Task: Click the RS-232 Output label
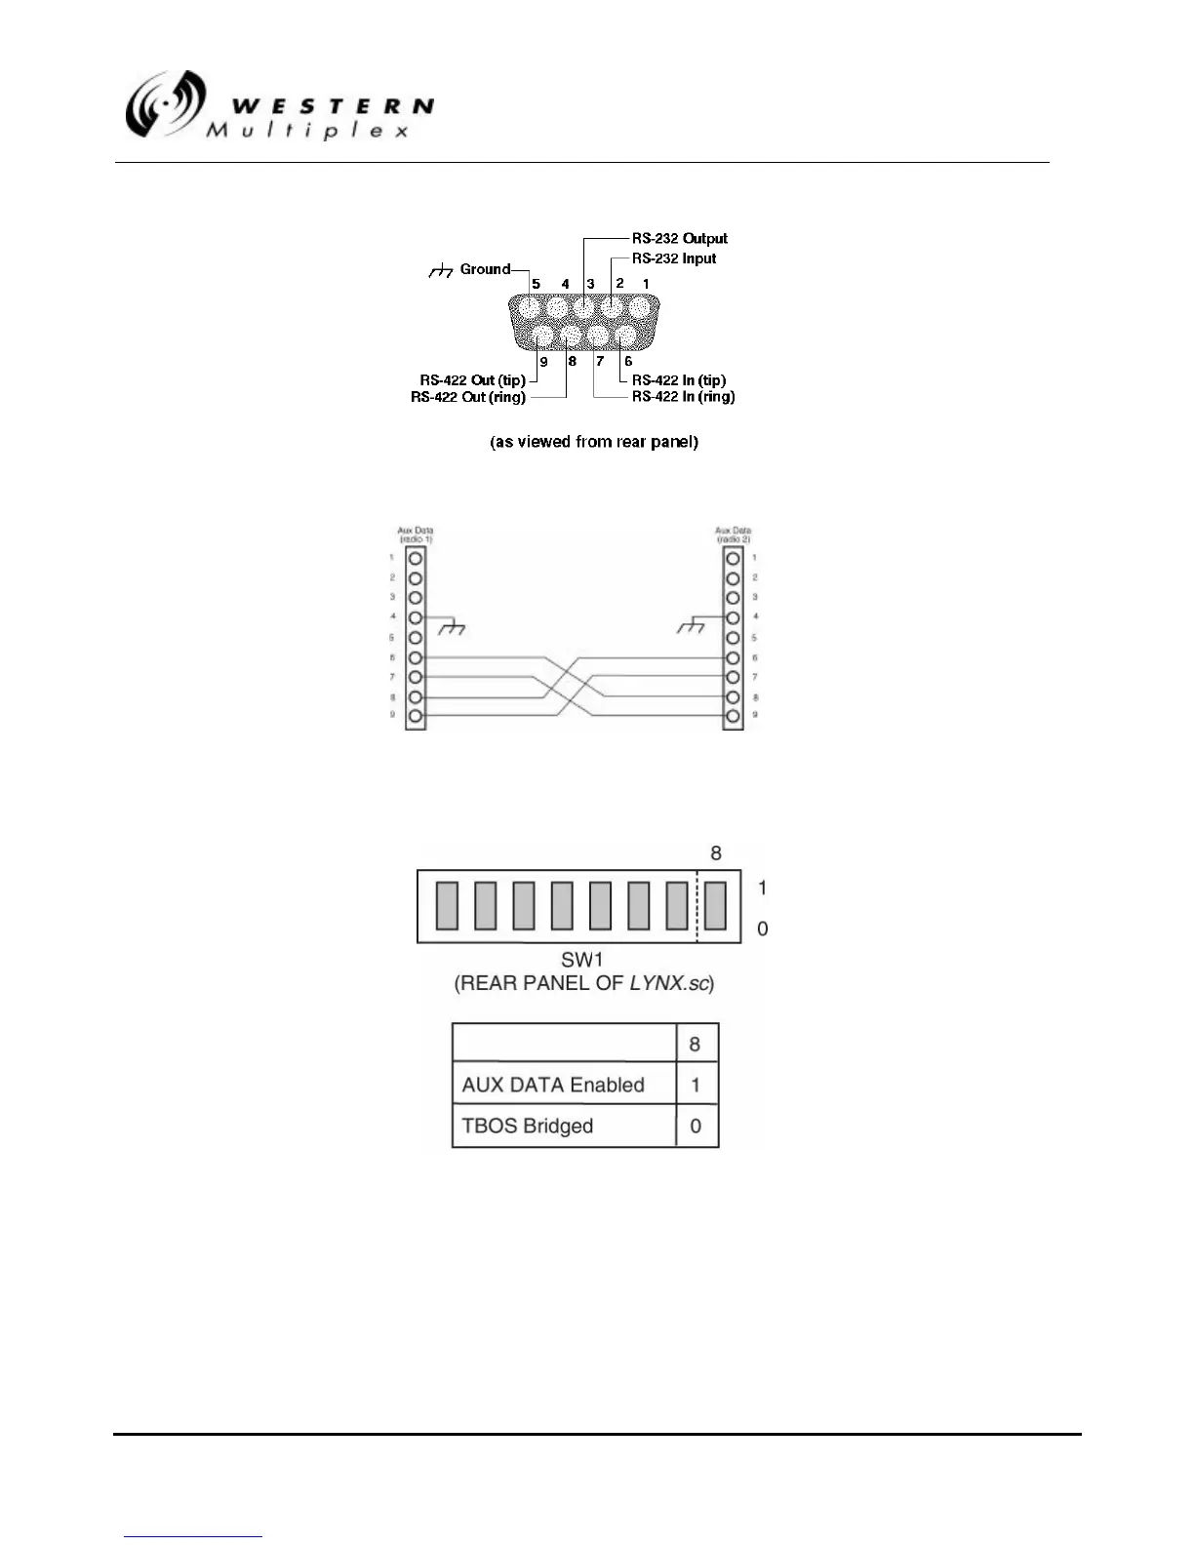[x=679, y=238]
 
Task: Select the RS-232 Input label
[x=673, y=258]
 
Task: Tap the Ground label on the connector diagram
[x=485, y=269]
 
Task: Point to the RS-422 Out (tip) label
[x=472, y=380]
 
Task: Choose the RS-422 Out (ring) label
[x=468, y=397]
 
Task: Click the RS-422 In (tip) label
[x=679, y=380]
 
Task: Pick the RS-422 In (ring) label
[x=683, y=397]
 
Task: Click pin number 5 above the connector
[x=536, y=284]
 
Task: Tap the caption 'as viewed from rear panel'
[x=593, y=442]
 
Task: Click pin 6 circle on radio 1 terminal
[x=416, y=658]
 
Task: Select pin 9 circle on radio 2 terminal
[x=733, y=717]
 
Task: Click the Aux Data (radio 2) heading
[x=733, y=535]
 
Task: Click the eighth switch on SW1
[x=715, y=905]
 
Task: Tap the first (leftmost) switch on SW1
[x=447, y=905]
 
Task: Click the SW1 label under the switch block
[x=583, y=960]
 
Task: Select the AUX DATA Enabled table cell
[x=553, y=1085]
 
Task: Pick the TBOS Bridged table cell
[x=527, y=1126]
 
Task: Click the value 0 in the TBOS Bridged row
[x=696, y=1126]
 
